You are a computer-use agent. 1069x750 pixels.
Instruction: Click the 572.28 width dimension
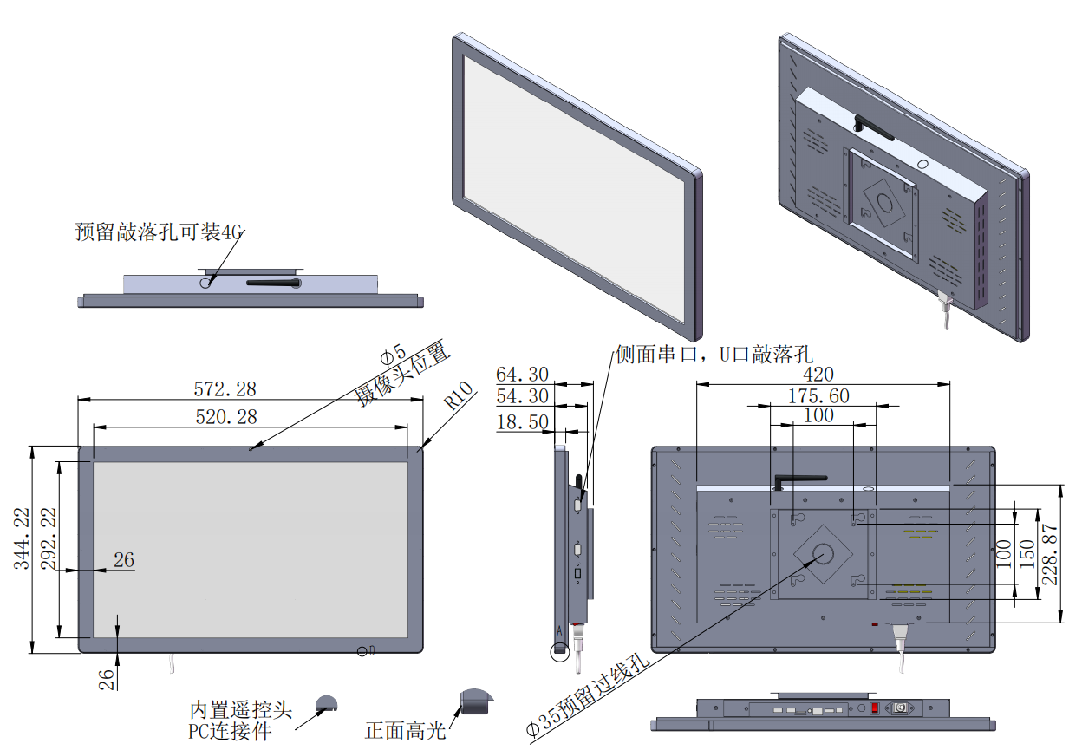click(225, 388)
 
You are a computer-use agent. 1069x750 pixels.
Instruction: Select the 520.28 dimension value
click(225, 417)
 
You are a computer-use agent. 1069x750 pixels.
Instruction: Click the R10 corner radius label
click(459, 398)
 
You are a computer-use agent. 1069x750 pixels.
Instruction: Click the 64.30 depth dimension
click(522, 375)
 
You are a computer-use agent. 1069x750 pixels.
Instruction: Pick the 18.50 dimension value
click(522, 422)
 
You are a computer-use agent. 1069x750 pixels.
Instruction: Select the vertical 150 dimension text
click(1027, 553)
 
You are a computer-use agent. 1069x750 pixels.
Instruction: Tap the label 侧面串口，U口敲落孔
click(714, 354)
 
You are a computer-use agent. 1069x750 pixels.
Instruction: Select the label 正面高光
click(405, 731)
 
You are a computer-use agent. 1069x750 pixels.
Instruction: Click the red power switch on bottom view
click(875, 709)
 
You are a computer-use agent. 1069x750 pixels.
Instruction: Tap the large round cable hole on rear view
click(823, 553)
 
